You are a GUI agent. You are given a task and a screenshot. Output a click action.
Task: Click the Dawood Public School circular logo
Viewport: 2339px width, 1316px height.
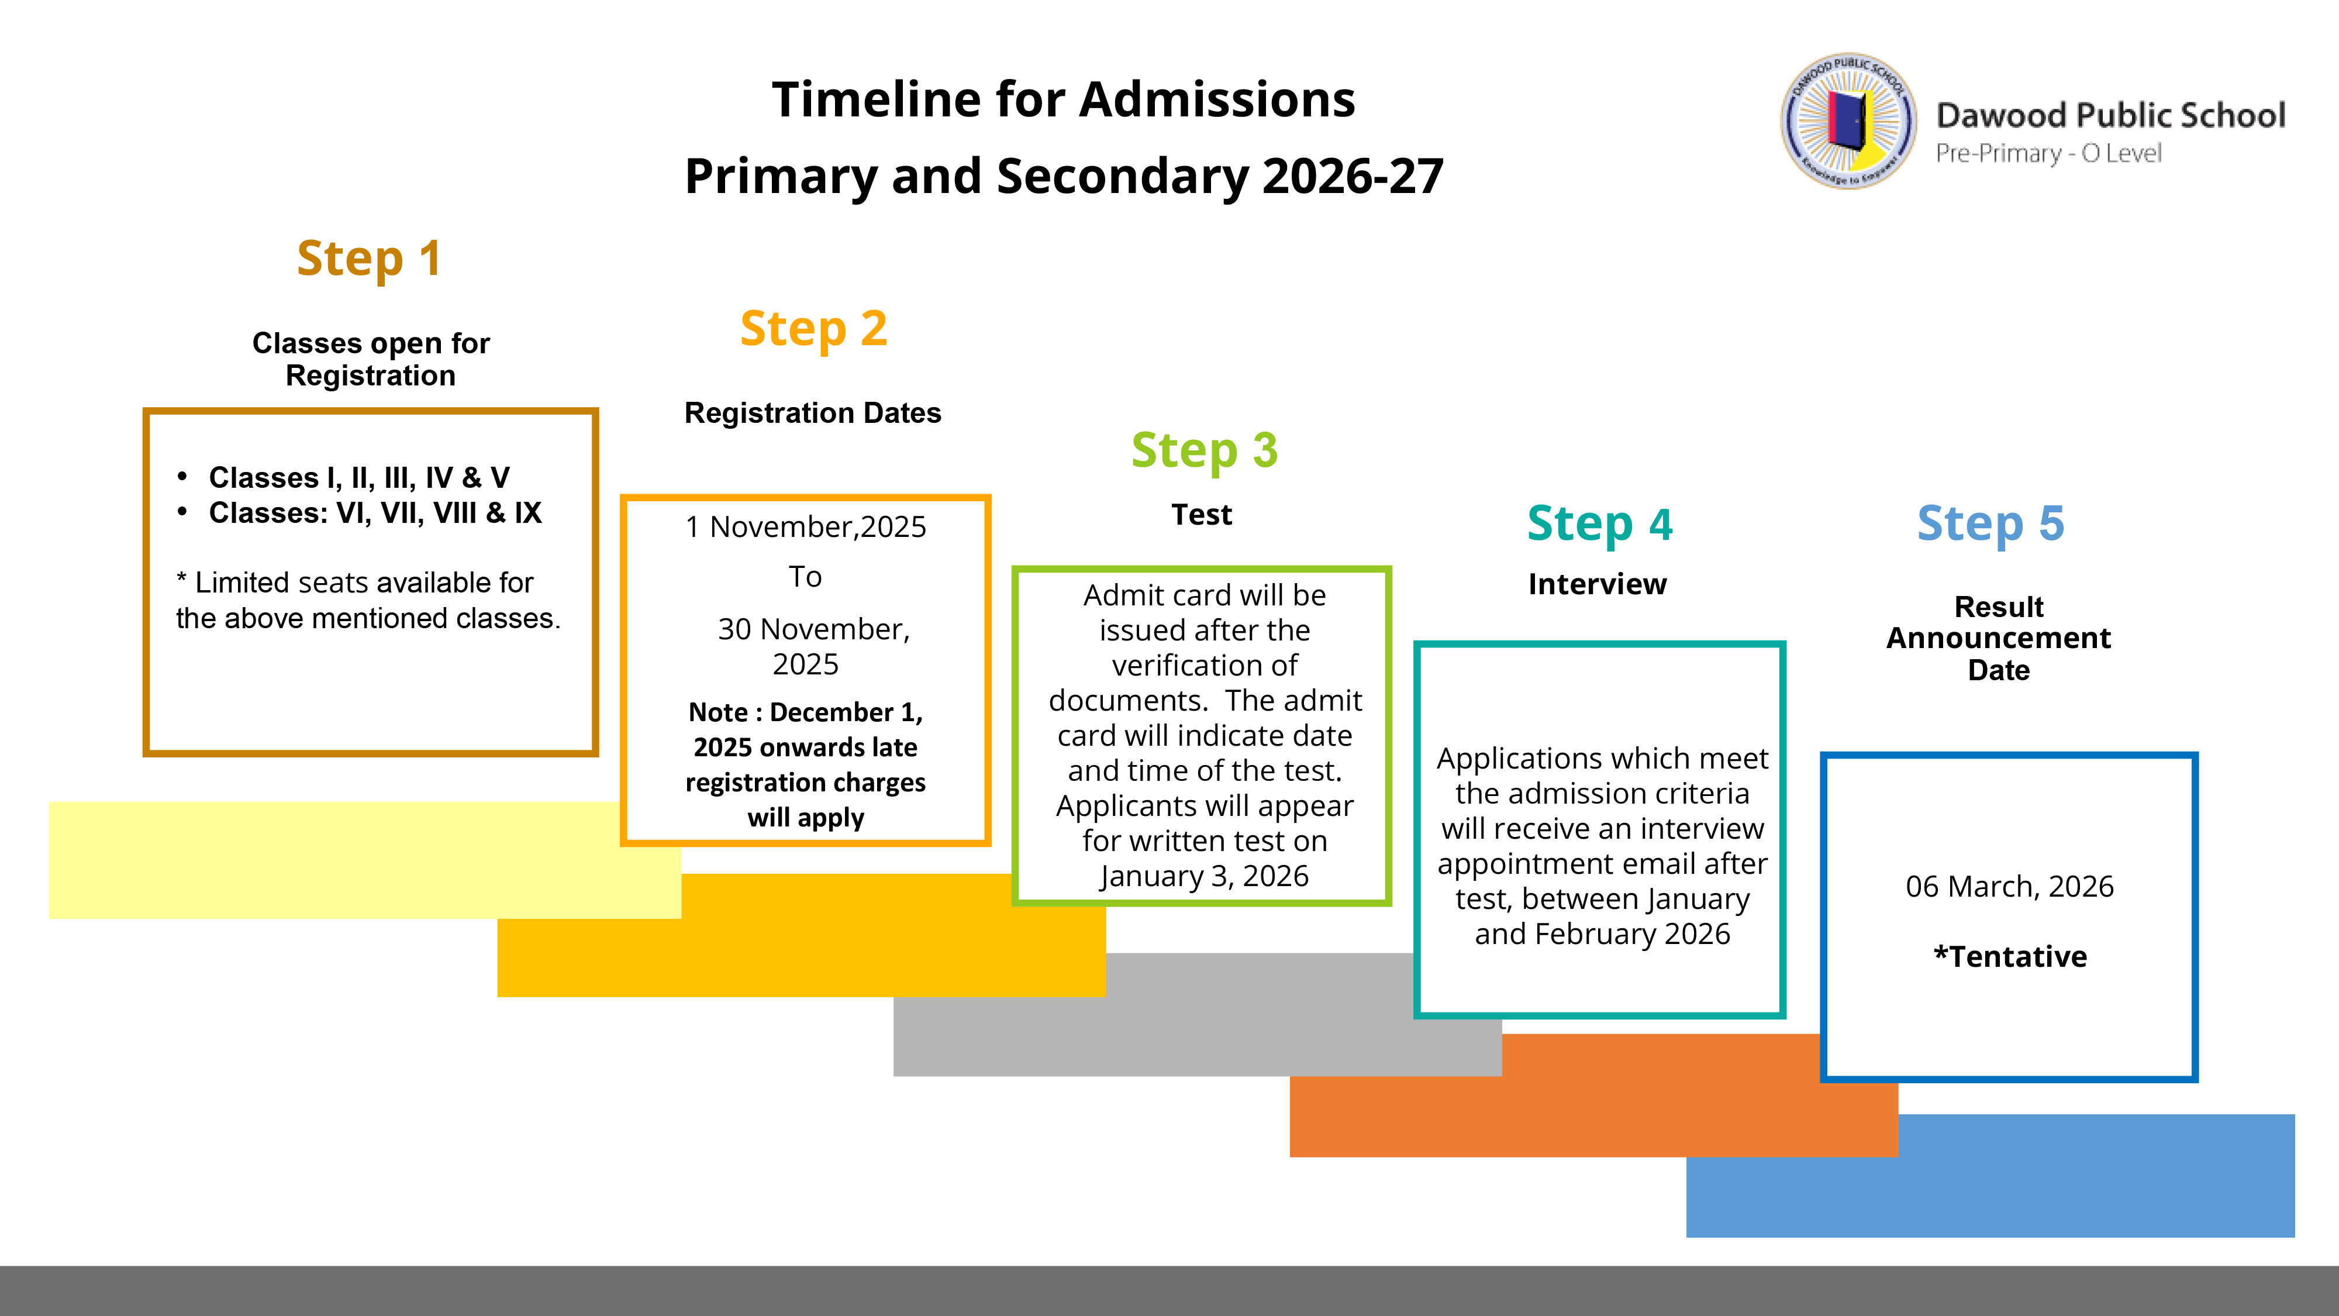coord(1848,121)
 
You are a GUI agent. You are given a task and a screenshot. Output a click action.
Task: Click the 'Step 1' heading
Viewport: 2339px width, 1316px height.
coord(370,259)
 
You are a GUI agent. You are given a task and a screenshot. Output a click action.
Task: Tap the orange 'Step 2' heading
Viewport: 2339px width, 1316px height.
coord(813,329)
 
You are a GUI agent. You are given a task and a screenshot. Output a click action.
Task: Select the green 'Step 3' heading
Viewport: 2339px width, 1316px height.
coord(1204,450)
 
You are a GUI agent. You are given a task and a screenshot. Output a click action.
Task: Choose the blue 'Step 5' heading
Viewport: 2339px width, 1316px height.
coord(1990,524)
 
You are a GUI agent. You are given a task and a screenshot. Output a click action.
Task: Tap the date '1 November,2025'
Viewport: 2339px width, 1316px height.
coord(805,527)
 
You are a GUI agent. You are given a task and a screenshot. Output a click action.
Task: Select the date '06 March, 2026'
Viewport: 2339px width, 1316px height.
coord(2009,887)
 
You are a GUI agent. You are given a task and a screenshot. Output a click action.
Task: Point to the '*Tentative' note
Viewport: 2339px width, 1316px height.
coord(2009,956)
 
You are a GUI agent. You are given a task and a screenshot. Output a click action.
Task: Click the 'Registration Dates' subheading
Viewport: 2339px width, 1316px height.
coord(813,414)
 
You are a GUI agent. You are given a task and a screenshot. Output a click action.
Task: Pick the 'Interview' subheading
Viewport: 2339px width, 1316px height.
coord(1597,584)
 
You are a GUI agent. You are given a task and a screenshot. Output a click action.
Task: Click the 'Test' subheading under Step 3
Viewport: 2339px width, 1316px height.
coord(1201,515)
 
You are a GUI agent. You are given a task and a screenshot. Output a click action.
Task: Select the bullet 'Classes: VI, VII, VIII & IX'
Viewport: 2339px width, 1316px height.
coord(374,513)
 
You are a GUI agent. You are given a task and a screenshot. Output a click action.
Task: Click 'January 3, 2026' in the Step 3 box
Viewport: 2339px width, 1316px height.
coord(1204,876)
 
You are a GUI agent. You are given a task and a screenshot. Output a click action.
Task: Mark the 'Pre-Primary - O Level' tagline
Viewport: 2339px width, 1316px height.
coord(2048,153)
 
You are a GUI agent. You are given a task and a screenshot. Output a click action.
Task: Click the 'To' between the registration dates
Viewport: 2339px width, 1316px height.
coord(805,577)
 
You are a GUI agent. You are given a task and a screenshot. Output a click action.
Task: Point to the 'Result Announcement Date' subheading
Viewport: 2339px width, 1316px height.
coord(1999,639)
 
